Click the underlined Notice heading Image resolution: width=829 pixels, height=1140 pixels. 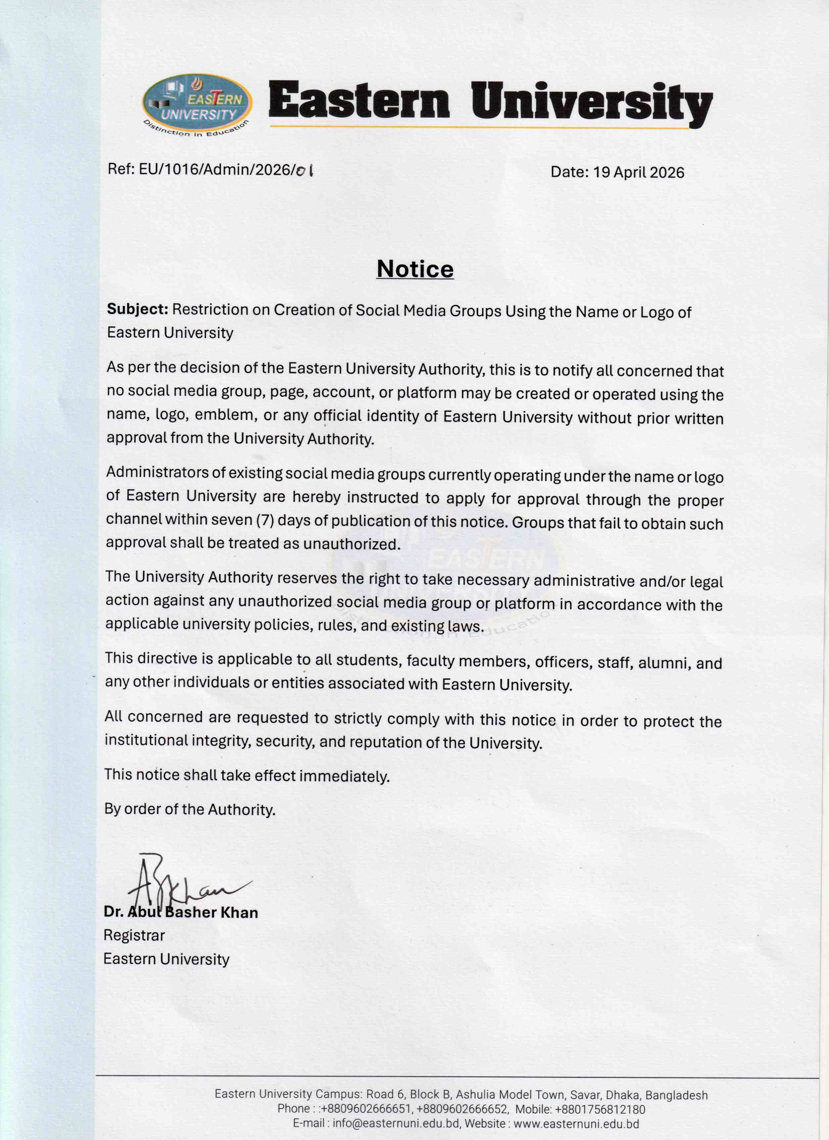coord(415,269)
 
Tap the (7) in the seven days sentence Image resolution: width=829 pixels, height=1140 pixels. coord(264,520)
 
